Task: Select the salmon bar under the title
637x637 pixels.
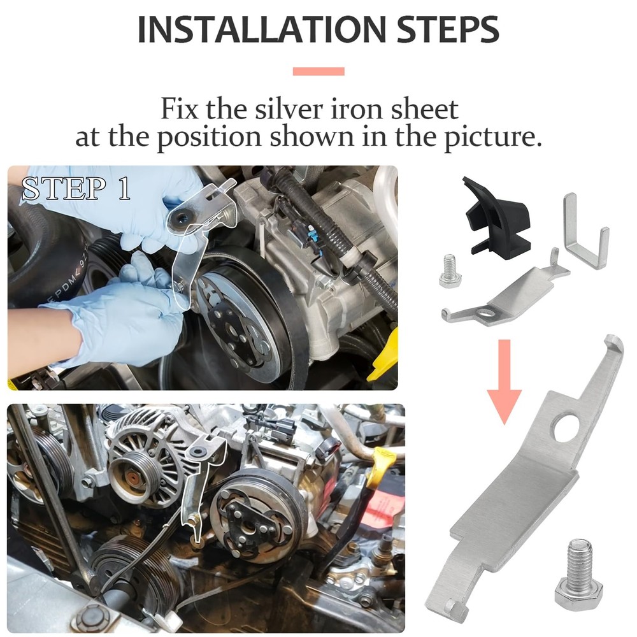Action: pos(318,71)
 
